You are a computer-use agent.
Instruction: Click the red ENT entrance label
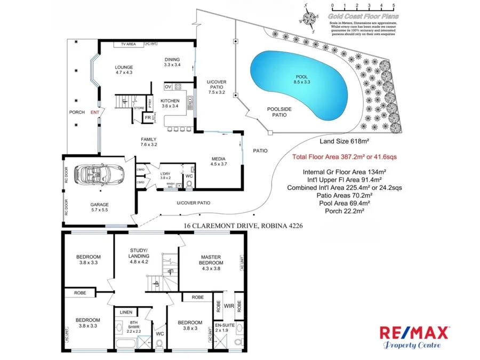click(x=94, y=112)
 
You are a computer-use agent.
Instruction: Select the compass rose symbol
click(x=309, y=18)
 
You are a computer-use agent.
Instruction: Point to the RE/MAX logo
click(x=413, y=337)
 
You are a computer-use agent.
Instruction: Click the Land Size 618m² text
click(x=345, y=142)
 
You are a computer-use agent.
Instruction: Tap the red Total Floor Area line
click(x=344, y=157)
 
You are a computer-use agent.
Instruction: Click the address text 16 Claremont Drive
click(x=243, y=226)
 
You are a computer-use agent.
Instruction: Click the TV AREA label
click(x=130, y=44)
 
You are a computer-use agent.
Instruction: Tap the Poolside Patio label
click(x=279, y=111)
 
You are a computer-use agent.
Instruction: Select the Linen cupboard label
click(x=126, y=313)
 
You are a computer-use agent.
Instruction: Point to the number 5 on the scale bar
click(x=393, y=5)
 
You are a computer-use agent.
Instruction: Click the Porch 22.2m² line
click(x=344, y=211)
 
